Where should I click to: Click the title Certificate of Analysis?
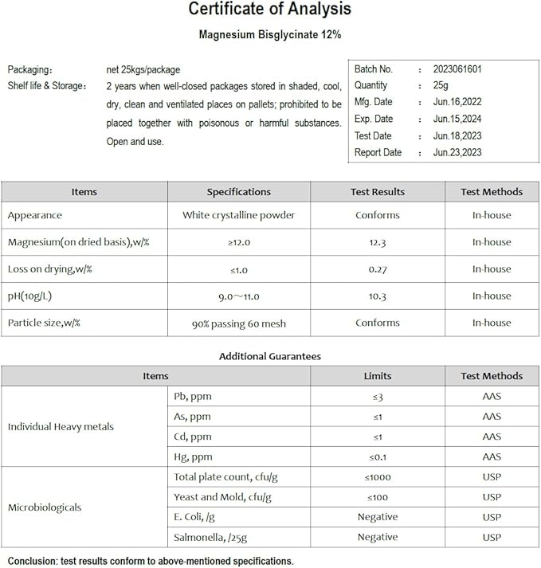(x=269, y=10)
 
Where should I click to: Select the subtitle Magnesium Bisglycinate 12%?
(x=269, y=35)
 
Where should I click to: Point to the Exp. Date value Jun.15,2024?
(x=457, y=119)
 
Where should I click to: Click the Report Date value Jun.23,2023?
(x=457, y=153)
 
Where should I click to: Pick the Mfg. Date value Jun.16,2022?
(x=457, y=102)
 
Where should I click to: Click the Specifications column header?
(x=238, y=192)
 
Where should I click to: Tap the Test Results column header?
(x=377, y=192)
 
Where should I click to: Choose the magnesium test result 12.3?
(x=377, y=242)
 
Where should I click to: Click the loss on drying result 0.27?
(x=377, y=269)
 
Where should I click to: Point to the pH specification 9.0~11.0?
(x=238, y=296)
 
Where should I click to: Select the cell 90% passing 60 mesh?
(x=238, y=323)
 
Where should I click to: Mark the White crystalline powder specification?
(x=238, y=215)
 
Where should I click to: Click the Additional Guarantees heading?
(x=269, y=357)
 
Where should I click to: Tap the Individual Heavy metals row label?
(x=61, y=427)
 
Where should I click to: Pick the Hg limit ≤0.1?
(x=377, y=457)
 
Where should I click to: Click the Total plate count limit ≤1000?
(x=377, y=477)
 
